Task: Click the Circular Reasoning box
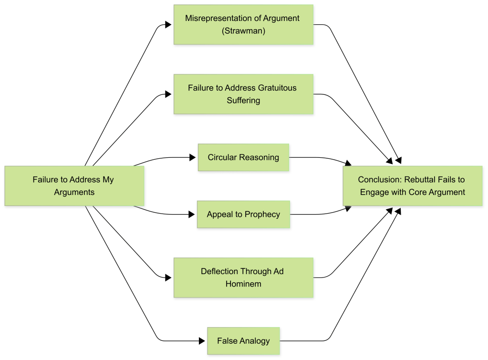[x=243, y=157]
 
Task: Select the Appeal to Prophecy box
[x=243, y=215]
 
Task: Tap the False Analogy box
[x=243, y=341]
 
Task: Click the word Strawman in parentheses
[x=243, y=31]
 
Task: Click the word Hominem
[x=243, y=284]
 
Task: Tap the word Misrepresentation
[x=215, y=18]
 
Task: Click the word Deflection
[x=219, y=271]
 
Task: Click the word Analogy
[x=255, y=341]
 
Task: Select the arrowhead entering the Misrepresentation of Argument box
[x=169, y=24]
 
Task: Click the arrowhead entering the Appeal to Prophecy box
[x=193, y=215]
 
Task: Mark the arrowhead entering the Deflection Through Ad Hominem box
[x=169, y=278]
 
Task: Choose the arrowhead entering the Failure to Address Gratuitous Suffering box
[x=169, y=94]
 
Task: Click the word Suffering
[x=243, y=101]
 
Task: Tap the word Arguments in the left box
[x=74, y=193]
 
